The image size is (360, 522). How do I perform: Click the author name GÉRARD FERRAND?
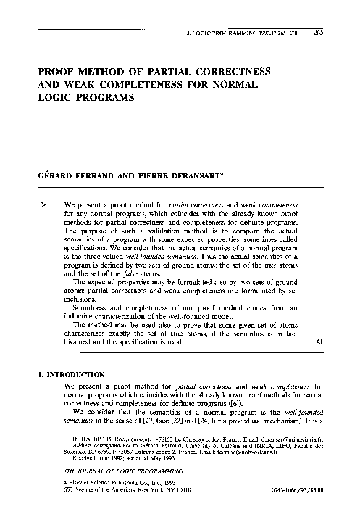tap(71, 177)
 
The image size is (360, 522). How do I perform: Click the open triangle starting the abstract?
tap(43, 205)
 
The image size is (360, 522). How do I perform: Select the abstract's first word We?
tap(70, 206)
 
